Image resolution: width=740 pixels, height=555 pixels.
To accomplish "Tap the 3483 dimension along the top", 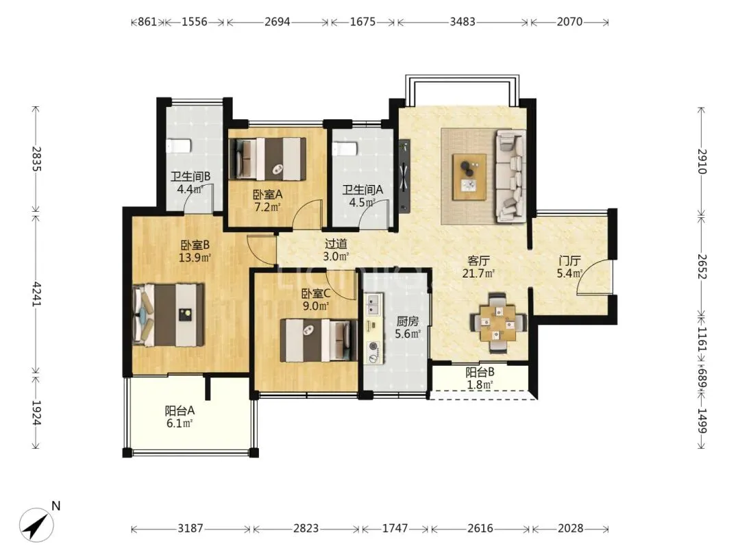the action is coord(463,22).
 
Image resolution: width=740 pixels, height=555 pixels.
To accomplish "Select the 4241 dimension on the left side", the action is coord(36,294).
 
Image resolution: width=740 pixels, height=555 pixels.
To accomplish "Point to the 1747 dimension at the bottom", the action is coord(395,528).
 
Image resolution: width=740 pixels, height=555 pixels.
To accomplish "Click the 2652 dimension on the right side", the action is coord(702,266).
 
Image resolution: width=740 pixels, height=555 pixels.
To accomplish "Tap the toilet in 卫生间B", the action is coord(178,146).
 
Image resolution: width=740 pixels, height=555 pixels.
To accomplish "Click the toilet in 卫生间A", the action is coord(345,150).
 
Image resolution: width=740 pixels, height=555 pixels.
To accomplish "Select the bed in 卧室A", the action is coord(267,159).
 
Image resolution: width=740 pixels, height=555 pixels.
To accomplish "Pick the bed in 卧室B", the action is coord(169,314).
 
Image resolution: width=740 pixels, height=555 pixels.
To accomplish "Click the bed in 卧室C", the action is coord(319,341).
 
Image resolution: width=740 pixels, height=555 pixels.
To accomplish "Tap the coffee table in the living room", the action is coord(469,177).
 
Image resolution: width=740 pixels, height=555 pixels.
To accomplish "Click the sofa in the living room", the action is coord(510,176).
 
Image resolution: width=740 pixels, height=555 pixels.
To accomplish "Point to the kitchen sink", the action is coord(374,304).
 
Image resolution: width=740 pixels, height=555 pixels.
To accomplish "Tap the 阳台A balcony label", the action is coord(180,410).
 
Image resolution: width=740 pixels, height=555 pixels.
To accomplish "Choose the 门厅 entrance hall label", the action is coord(569,260).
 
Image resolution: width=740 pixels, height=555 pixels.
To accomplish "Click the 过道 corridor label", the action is coord(336,244).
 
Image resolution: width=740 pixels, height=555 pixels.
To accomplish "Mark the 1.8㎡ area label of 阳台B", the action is coord(480,384).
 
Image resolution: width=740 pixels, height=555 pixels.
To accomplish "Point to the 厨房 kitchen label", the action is coord(407,321).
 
